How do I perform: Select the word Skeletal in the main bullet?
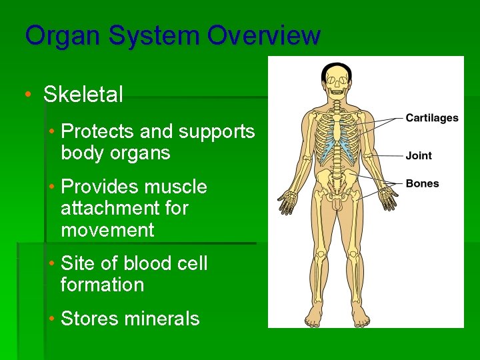(x=83, y=95)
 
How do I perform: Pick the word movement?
(x=107, y=230)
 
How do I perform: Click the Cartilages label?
(x=432, y=118)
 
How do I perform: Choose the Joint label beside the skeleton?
(x=419, y=155)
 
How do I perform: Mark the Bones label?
(x=422, y=183)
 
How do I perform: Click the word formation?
(x=102, y=285)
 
